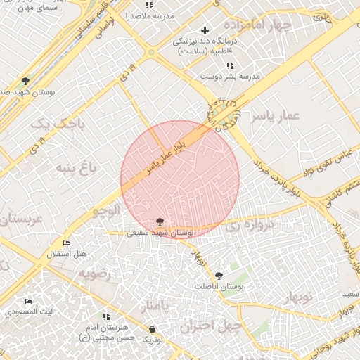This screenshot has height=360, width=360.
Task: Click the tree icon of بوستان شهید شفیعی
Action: coord(160,221)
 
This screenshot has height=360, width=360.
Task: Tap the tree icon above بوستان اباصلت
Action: coord(219,276)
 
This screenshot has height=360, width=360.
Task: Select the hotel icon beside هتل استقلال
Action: coord(66,243)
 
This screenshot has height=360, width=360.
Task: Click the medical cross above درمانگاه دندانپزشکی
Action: coord(205,30)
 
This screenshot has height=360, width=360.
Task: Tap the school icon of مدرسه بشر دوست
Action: coord(230,65)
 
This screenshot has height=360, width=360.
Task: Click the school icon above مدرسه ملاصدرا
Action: coord(149,6)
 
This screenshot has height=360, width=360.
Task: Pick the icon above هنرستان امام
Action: coord(106,317)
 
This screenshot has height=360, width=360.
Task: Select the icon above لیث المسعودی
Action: coord(28,301)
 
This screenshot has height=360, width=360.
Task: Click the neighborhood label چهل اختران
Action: coord(210,326)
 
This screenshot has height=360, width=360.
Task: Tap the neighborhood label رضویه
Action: coord(95,274)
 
